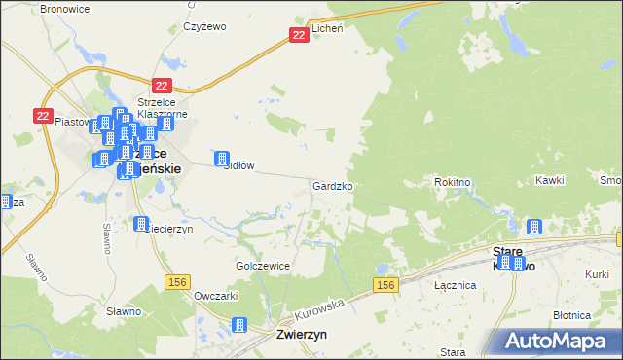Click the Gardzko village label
click(x=332, y=185)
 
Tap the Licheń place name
click(x=329, y=30)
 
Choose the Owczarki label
click(x=216, y=295)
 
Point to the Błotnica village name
click(x=571, y=315)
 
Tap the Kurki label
click(x=597, y=275)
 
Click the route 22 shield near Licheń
click(x=300, y=35)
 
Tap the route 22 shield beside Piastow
click(x=42, y=115)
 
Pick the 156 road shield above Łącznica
click(x=385, y=284)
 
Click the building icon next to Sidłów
click(x=222, y=158)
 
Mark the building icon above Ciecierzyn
click(x=141, y=223)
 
